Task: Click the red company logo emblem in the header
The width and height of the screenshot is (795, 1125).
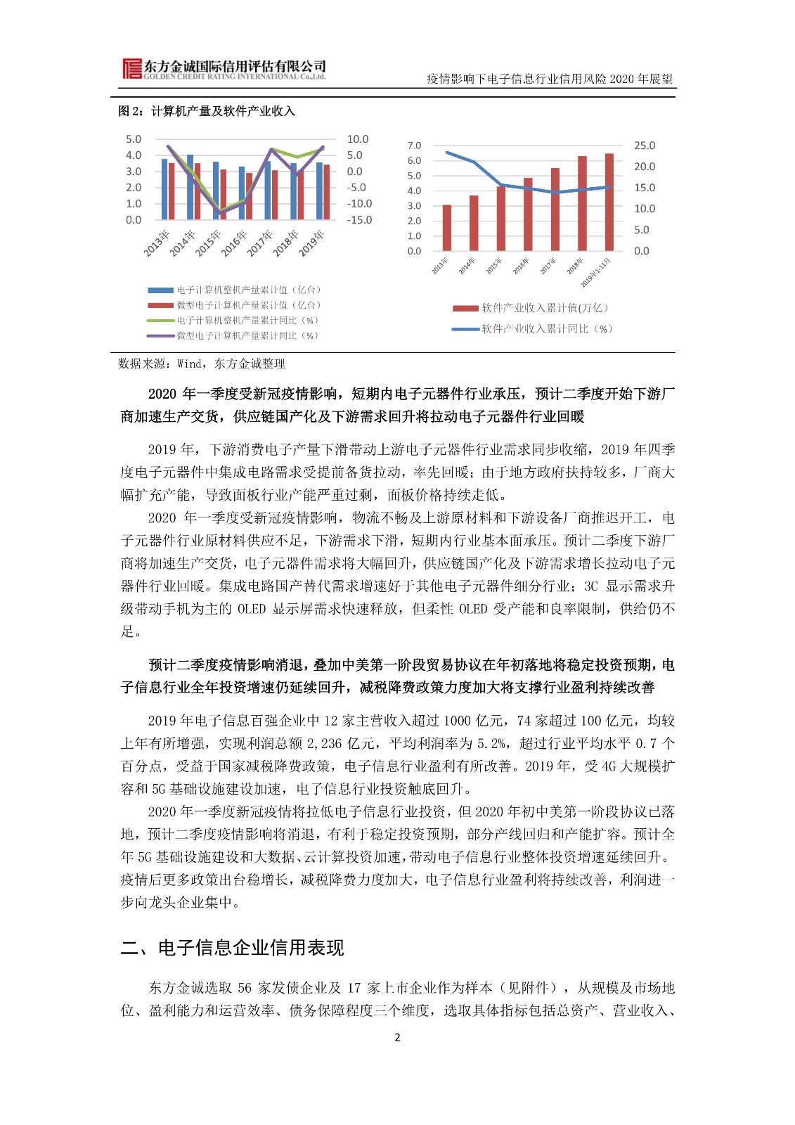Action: coord(131,69)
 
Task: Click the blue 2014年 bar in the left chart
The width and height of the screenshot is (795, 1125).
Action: coord(190,187)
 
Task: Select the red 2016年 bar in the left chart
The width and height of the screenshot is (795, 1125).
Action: coord(249,196)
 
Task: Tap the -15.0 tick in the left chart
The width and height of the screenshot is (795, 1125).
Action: coord(359,220)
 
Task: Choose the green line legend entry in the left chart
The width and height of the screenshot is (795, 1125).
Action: coord(232,321)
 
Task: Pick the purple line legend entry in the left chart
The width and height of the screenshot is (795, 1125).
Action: coord(232,336)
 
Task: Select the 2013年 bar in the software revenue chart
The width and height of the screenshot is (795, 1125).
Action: coord(447,228)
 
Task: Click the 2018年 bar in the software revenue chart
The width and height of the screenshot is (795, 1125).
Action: coord(582,204)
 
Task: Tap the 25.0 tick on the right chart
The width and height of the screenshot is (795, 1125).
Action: coord(644,146)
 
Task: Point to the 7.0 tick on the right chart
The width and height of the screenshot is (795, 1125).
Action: coord(414,146)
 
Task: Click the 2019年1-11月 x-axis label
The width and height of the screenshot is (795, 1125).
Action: coord(597,272)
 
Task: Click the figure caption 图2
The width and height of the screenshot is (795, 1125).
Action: coord(207,111)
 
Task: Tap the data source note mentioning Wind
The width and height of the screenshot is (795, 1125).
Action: coord(202,364)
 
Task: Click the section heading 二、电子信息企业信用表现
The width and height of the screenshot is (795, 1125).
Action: coord(232,948)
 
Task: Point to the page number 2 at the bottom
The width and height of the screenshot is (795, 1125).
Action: coord(397,1037)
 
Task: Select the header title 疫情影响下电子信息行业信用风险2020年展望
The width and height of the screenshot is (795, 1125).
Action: coord(550,79)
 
